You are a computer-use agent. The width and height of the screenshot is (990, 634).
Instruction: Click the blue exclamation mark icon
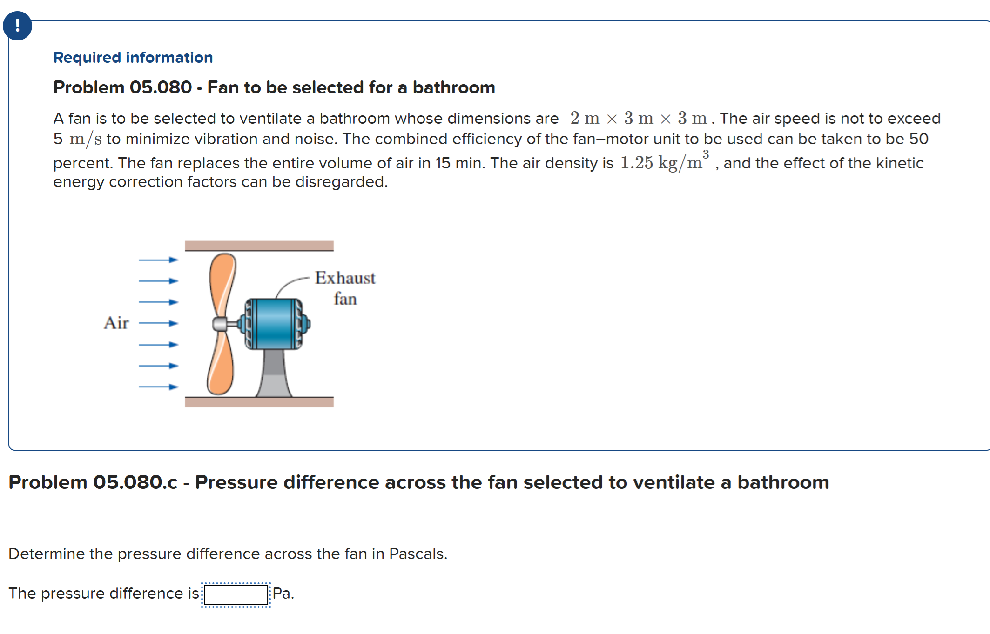[17, 26]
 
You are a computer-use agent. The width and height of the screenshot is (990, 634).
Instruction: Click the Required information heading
[133, 57]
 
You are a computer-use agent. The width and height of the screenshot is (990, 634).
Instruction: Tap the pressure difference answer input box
[236, 595]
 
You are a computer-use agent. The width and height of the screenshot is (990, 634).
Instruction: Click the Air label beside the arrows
[116, 323]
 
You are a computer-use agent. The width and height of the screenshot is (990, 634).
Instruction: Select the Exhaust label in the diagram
[345, 278]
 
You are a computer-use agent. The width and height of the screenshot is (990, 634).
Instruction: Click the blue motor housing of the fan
[273, 323]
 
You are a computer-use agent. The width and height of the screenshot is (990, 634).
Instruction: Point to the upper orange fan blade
[222, 284]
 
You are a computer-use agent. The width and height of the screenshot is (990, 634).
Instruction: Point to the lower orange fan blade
[220, 365]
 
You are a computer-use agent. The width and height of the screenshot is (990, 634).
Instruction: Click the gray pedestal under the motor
[274, 374]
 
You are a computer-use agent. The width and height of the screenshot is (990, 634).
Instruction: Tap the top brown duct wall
[259, 246]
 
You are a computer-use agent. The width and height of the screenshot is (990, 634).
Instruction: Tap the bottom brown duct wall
[259, 402]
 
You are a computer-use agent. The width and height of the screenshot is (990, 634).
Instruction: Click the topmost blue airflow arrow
[158, 260]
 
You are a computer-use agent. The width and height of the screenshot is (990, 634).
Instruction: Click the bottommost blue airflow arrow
[158, 387]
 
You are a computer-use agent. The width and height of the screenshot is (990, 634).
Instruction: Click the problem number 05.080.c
[135, 482]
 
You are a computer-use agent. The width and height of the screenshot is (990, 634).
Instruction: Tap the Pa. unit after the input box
[283, 594]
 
